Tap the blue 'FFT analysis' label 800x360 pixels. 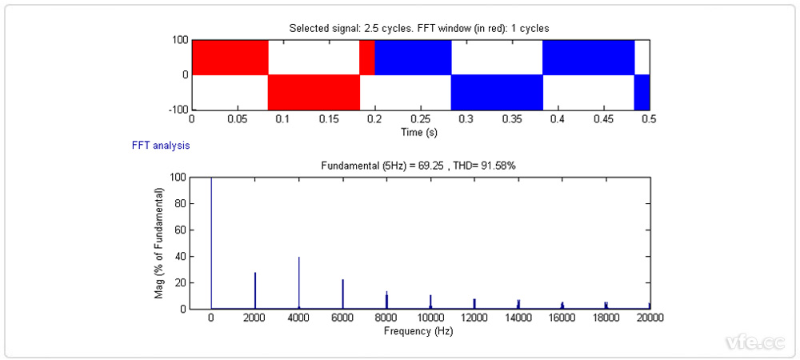click(161, 146)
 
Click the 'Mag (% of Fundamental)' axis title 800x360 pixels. click(159, 243)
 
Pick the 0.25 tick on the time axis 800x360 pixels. click(421, 118)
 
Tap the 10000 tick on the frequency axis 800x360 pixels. click(430, 318)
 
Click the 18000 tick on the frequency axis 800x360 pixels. click(606, 318)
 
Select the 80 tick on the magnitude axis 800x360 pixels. click(181, 203)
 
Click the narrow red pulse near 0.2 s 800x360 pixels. click(366, 57)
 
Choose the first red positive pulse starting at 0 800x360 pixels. click(230, 57)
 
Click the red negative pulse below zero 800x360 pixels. click(314, 92)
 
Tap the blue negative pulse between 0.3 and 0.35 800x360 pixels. click(497, 92)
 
